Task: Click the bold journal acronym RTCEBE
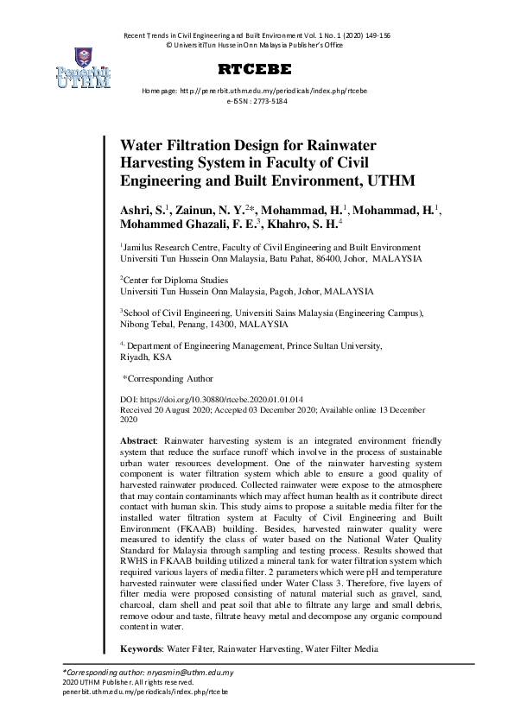257,69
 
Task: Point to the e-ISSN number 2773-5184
270,101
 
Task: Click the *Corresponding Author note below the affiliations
168,379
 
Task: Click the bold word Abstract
138,440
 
